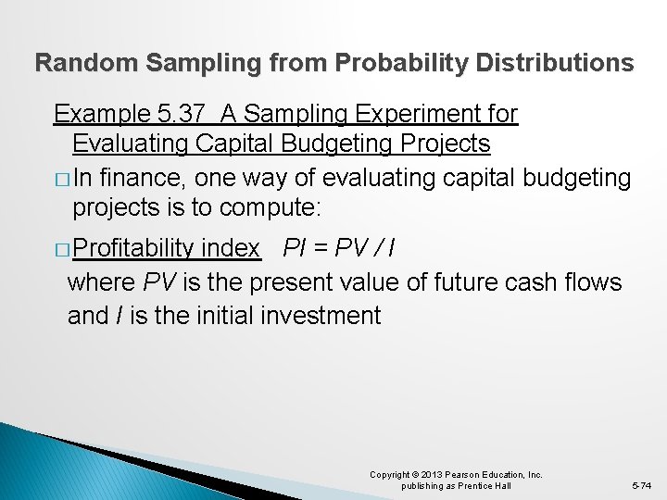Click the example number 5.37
[182, 114]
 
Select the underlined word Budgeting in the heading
[357, 144]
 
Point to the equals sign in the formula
[321, 248]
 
